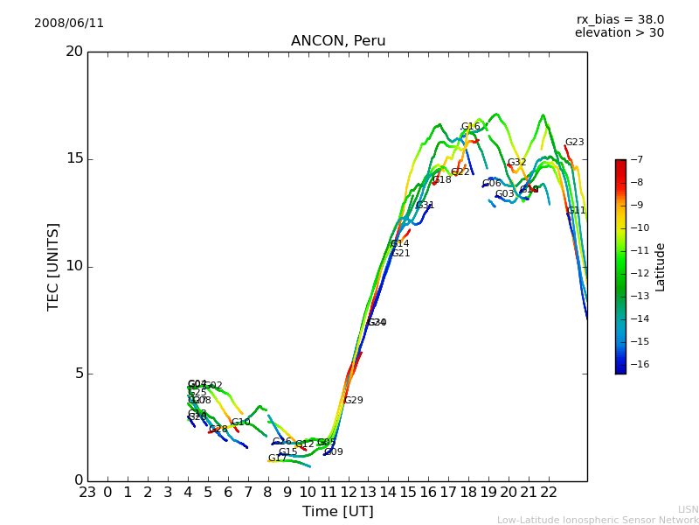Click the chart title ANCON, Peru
pos(338,41)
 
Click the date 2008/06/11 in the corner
pos(69,24)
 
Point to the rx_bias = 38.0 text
pos(619,20)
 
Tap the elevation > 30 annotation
pos(619,33)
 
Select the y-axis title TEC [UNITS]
pos(53,266)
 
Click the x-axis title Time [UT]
pos(338,512)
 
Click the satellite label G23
pos(574,143)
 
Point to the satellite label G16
pos(471,127)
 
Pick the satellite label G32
pos(517,163)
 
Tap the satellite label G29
pos(353,401)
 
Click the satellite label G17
pos(277,458)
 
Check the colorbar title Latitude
pos(661,267)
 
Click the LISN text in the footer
pos(688,509)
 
